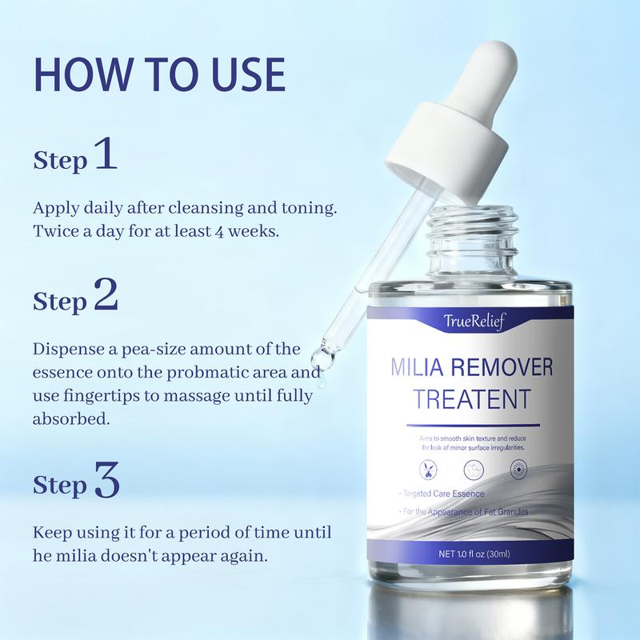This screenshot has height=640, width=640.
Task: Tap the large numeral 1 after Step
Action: tap(106, 154)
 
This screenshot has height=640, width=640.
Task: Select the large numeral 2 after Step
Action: tap(106, 295)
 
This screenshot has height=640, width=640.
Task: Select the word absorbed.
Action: tap(69, 419)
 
